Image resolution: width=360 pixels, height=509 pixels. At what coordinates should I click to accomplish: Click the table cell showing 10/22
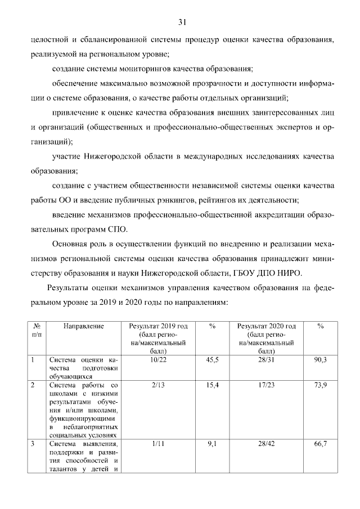coord(157,358)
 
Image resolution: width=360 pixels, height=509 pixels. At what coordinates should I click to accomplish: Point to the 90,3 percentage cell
coord(320,358)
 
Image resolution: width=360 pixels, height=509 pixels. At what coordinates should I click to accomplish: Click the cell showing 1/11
coord(157,444)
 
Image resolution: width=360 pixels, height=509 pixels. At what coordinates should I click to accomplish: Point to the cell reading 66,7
coord(320,444)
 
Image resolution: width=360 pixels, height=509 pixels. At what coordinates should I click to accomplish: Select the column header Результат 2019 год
coord(158,326)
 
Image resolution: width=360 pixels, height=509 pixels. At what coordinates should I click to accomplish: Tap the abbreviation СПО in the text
coord(117,229)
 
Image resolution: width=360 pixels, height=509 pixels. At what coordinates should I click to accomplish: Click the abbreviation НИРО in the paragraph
coord(290,273)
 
